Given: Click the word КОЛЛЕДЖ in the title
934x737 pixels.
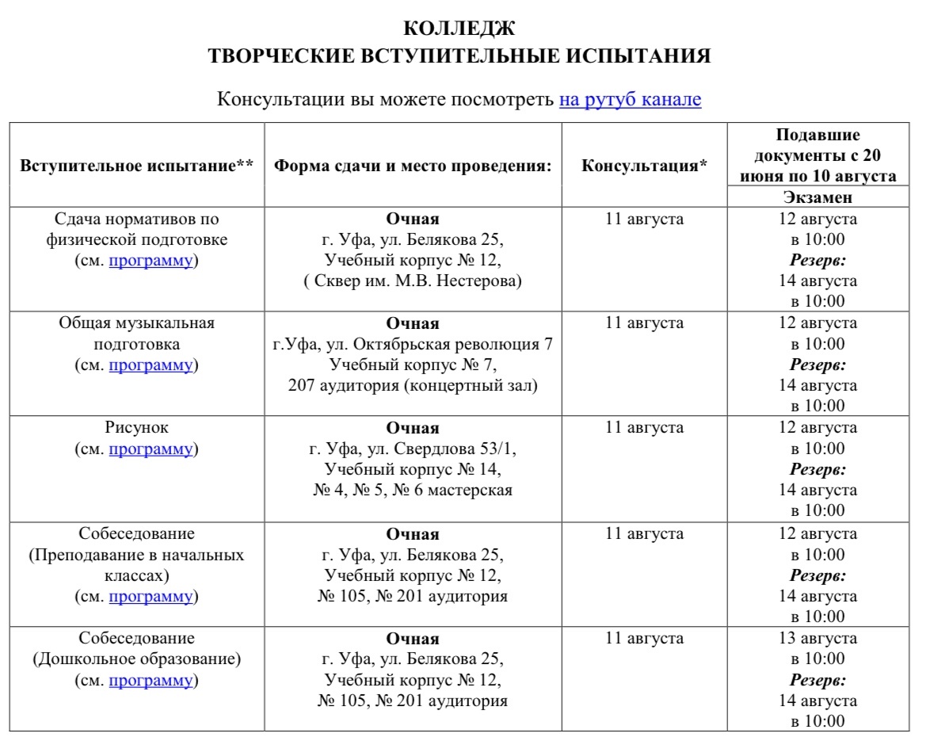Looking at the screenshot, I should click(x=459, y=29).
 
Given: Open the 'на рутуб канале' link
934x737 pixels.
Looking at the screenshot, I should click(x=630, y=100).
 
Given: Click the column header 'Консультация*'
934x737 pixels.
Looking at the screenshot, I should click(x=644, y=166).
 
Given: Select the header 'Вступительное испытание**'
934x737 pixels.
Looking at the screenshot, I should click(x=137, y=166).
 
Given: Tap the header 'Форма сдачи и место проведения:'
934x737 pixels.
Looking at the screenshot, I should click(x=412, y=166).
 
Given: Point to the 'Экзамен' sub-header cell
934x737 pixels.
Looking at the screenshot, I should click(x=818, y=197).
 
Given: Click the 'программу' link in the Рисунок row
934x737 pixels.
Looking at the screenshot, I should click(x=151, y=449).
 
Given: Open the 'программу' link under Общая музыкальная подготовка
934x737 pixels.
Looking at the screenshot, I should click(x=151, y=365).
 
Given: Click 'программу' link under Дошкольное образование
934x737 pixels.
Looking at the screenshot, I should click(x=151, y=680).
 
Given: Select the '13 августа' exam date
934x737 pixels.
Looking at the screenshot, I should click(x=818, y=639).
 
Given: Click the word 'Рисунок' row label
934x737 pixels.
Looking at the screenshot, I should click(x=137, y=428).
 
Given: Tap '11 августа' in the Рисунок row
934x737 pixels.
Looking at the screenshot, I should click(x=644, y=428).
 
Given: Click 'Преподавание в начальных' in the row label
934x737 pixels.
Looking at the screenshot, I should click(x=137, y=555).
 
